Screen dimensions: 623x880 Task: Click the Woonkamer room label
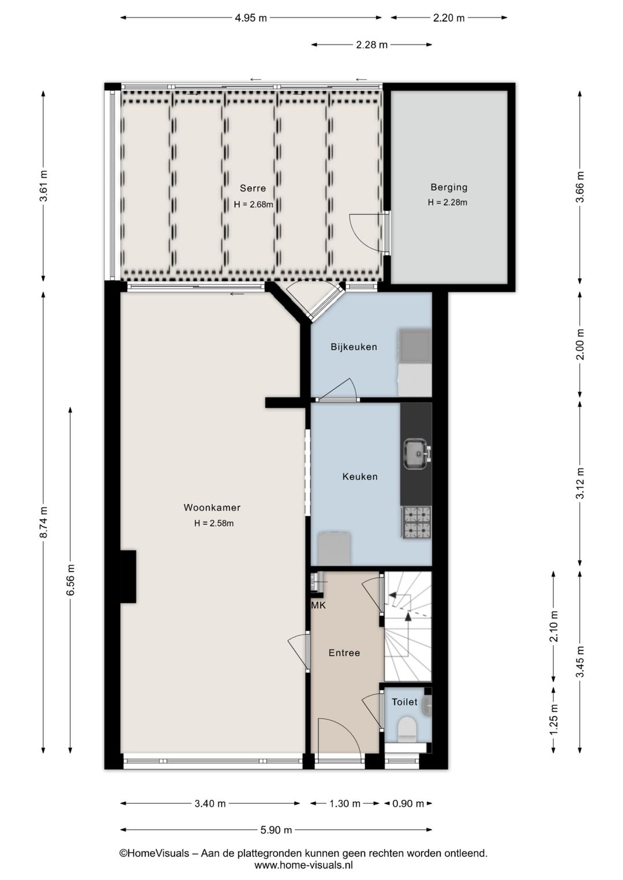[212, 507]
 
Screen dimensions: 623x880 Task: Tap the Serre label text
[253, 188]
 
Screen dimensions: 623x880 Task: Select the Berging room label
[449, 187]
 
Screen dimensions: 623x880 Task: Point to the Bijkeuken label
[354, 347]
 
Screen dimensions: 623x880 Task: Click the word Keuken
[359, 476]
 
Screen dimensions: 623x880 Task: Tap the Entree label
[344, 653]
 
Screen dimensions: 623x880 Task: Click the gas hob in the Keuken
[416, 522]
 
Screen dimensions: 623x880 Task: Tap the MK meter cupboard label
[318, 606]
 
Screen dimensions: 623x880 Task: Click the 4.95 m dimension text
[251, 18]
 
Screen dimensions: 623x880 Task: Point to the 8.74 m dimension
[44, 522]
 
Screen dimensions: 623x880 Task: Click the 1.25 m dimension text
[553, 720]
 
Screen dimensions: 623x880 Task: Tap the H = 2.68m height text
[253, 204]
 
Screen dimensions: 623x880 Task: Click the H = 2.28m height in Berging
[448, 202]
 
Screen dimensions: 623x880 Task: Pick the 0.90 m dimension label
[408, 803]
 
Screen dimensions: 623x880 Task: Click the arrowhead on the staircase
[408, 617]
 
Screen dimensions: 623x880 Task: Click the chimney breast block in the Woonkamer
[128, 576]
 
